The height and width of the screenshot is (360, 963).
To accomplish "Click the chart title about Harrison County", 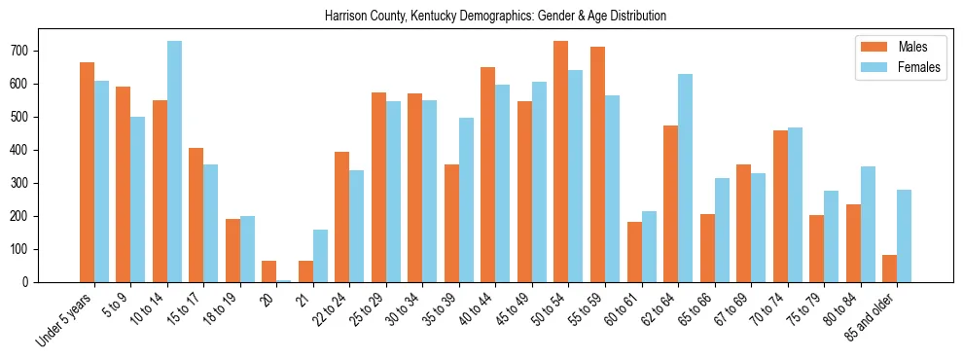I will coord(481,17).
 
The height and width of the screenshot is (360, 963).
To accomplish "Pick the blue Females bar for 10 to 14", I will coord(175,162).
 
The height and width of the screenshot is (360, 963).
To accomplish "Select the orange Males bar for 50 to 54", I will coord(561,162).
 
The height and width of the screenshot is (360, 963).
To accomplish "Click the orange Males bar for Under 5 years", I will coord(87,172).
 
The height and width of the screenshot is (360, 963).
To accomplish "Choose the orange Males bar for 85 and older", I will coord(889,269).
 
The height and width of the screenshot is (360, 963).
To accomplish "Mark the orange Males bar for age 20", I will coord(269,271).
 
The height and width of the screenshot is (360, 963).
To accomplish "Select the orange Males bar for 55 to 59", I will coord(597,164).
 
